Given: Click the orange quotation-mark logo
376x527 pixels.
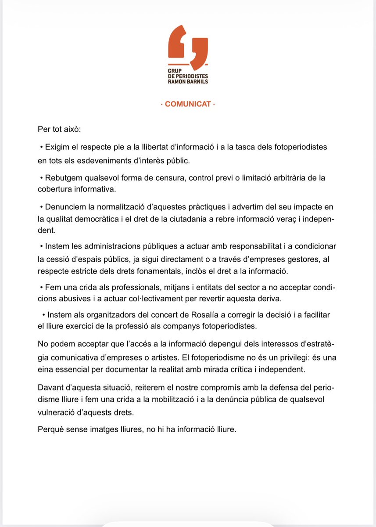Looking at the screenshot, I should click(188, 47).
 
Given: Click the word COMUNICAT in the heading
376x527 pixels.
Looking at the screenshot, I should click(188, 105).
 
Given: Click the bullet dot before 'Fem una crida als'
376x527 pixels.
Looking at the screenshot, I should click(42, 287).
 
